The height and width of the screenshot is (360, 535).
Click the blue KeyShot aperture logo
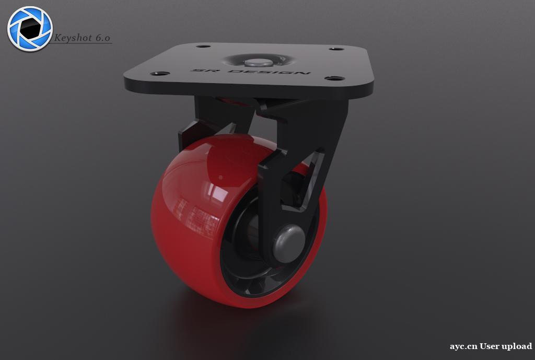[30, 29]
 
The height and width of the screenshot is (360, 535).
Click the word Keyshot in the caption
[73, 38]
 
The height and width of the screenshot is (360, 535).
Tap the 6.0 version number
[102, 38]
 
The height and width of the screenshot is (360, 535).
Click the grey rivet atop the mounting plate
[257, 63]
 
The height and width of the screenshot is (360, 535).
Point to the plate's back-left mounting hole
[203, 46]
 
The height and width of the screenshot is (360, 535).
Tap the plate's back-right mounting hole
[336, 49]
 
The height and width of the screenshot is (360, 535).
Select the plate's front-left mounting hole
[160, 73]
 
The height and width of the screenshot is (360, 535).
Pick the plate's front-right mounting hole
[334, 78]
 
